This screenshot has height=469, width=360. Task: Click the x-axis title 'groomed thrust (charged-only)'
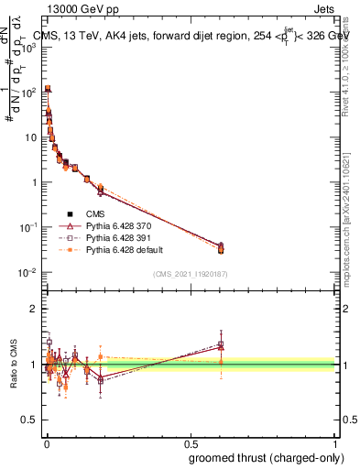coord(267,458)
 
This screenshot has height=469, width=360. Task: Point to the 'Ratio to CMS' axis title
coord(13,365)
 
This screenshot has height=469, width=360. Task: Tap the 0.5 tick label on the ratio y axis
coord(31,420)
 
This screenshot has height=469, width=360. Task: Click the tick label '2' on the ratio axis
coord(35,309)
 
